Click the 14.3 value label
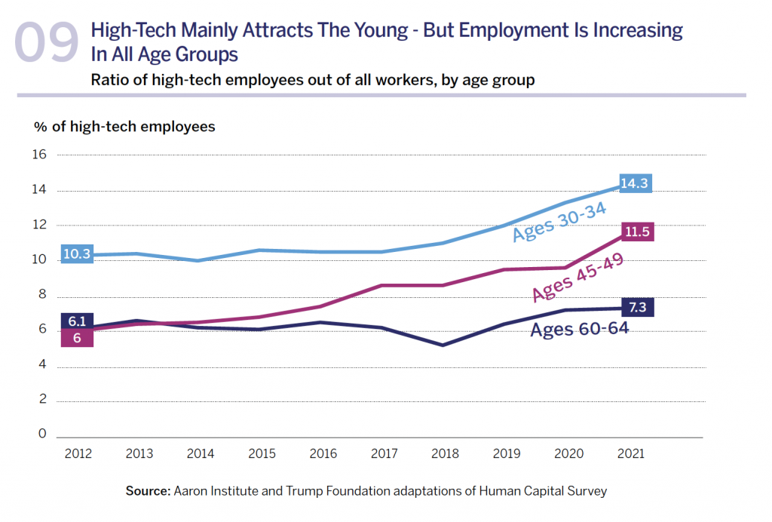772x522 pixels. [635, 183]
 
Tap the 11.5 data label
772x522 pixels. [637, 232]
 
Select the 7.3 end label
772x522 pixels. [638, 308]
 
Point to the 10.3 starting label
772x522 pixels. [76, 254]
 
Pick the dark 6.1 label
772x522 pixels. [77, 321]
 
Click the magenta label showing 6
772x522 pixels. [77, 338]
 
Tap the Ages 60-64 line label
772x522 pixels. [579, 329]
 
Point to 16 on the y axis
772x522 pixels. [39, 155]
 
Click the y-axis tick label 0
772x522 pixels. [42, 434]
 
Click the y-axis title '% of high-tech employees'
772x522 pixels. [124, 127]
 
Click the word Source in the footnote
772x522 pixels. [147, 491]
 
